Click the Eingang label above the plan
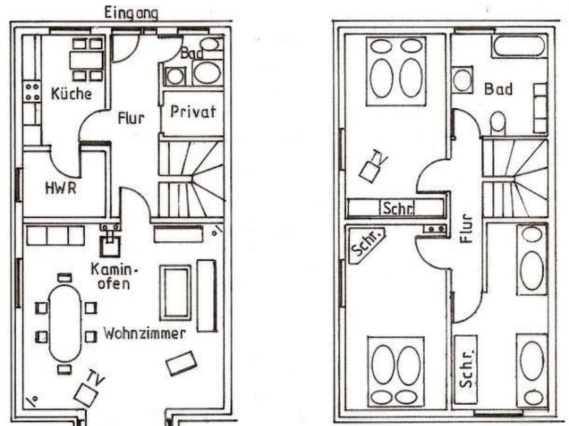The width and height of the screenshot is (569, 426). click(x=131, y=14)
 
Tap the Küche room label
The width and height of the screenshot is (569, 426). click(x=71, y=94)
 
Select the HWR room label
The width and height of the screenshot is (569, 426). click(x=61, y=188)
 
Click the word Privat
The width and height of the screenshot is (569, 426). click(x=193, y=112)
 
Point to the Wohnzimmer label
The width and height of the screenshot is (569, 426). click(x=144, y=334)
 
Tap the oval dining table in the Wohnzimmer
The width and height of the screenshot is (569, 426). click(x=65, y=323)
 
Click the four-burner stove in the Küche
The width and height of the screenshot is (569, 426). click(x=32, y=92)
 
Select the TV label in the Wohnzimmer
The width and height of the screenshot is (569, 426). click(x=97, y=379)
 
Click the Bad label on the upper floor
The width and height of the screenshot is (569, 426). click(x=498, y=89)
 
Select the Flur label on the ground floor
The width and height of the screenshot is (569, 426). click(x=131, y=118)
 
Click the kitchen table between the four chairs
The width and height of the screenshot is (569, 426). click(x=87, y=60)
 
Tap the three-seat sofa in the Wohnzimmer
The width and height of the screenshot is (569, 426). click(x=55, y=235)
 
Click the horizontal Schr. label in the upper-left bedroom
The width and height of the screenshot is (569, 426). click(x=398, y=208)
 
